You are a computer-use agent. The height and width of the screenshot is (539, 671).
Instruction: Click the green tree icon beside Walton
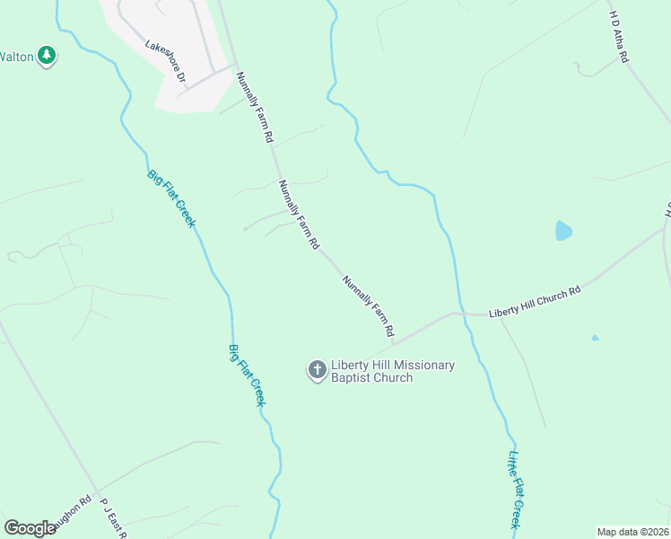(47, 56)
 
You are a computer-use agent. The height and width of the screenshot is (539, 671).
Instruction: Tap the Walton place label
(16, 57)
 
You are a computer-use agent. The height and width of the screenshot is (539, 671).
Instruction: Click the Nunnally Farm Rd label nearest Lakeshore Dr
(254, 108)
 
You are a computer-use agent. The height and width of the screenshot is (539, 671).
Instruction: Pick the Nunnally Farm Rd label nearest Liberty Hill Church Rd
(368, 306)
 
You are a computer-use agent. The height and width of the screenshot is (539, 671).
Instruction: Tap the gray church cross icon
(317, 370)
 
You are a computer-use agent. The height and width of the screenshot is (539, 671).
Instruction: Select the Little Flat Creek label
(516, 490)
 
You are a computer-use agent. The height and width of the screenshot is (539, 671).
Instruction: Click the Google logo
(30, 528)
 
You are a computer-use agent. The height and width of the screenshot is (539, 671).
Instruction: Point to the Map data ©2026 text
(632, 531)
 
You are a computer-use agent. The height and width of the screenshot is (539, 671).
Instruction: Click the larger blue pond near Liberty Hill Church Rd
(563, 231)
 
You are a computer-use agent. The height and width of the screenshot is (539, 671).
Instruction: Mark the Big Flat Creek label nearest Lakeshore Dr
(170, 198)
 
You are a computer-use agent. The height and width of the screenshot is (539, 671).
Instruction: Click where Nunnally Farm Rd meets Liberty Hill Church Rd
(393, 344)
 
